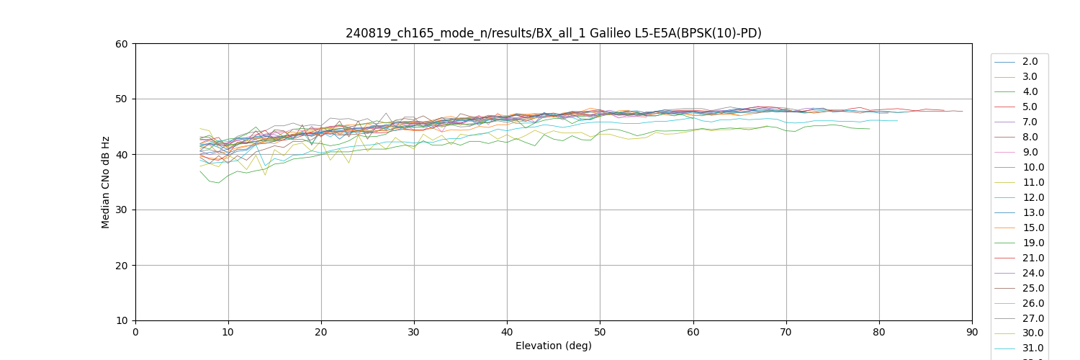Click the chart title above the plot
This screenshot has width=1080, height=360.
[x=553, y=33]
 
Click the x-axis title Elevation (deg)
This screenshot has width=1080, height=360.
[x=553, y=346]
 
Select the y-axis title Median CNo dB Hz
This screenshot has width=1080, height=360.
[x=106, y=182]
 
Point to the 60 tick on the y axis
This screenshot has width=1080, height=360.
[x=122, y=44]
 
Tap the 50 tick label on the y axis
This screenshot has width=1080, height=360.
[x=122, y=99]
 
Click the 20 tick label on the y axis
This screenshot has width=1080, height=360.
[x=122, y=266]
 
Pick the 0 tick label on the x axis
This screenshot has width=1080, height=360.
[x=135, y=332]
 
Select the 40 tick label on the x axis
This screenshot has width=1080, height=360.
[x=507, y=332]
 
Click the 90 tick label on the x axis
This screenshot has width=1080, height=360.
[x=972, y=332]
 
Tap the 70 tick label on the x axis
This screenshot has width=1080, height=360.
[x=786, y=332]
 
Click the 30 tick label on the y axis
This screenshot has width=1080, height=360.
[x=122, y=210]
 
